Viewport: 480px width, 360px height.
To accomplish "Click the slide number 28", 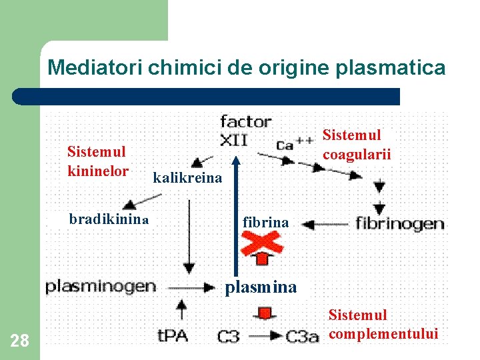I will (x=20, y=341).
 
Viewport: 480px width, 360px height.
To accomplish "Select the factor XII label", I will (x=245, y=130).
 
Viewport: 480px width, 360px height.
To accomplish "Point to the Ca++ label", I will (x=294, y=143).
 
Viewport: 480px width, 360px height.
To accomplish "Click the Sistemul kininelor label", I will (x=97, y=161).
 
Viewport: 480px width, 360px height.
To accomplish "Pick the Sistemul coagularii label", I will (x=357, y=145).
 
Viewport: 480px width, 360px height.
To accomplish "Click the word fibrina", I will (x=265, y=223).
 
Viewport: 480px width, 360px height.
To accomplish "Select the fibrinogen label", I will (x=400, y=223).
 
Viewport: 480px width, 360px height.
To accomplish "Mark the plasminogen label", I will (x=101, y=287).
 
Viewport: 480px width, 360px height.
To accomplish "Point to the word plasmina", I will (x=261, y=288).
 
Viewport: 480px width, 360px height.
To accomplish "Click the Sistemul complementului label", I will (x=383, y=324).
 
